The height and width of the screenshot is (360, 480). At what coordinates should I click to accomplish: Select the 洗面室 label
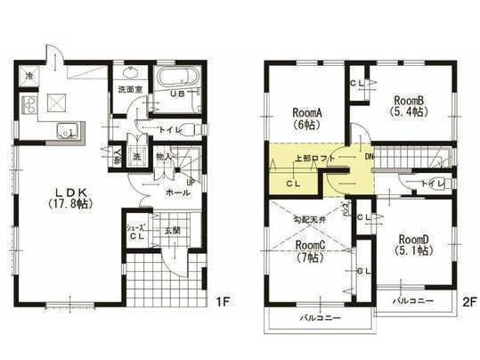[x=131, y=90]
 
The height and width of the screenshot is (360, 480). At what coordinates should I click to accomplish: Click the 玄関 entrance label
[x=173, y=230]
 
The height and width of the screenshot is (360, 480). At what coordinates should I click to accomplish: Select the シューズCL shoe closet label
[x=136, y=232]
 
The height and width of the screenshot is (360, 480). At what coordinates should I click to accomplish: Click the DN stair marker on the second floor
[x=370, y=155]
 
